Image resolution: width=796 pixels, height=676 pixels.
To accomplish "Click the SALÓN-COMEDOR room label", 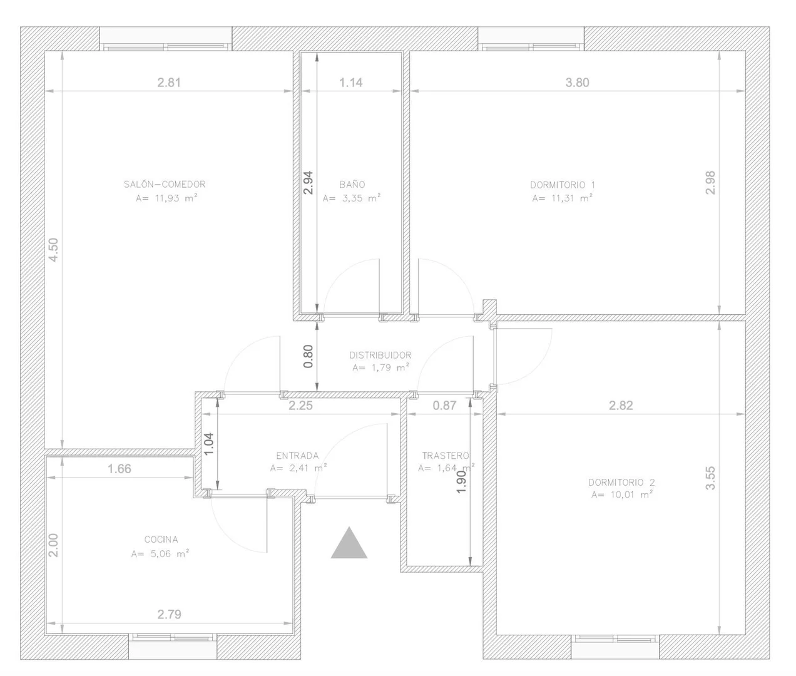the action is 165,184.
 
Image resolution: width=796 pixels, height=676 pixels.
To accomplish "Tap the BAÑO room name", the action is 352,185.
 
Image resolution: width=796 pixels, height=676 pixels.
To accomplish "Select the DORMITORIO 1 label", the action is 562,185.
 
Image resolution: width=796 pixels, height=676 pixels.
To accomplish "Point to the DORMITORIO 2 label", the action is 621,482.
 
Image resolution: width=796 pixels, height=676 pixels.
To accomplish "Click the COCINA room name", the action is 161,540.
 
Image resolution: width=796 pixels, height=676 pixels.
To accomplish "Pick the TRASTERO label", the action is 446,456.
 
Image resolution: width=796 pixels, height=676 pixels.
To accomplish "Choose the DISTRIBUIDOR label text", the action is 380,355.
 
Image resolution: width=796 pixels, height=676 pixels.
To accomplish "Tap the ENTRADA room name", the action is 297,456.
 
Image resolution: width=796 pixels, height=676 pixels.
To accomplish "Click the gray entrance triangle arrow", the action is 349,545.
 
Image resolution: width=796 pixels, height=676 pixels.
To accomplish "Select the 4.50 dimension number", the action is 54,250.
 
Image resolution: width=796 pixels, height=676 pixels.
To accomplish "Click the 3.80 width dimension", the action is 577,83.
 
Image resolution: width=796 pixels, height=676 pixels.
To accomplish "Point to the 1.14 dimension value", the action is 351,83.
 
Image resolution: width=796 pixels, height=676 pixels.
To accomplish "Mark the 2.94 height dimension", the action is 308,183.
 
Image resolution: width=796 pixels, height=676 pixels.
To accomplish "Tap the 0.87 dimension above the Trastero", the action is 444,405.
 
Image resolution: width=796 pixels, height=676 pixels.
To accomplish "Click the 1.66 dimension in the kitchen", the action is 119,469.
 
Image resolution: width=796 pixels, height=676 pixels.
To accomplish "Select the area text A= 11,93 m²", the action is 166,198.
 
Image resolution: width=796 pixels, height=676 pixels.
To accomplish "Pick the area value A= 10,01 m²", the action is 622,494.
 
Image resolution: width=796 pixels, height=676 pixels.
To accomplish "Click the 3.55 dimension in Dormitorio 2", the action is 710,478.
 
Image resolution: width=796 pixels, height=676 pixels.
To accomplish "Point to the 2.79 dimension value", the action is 169,615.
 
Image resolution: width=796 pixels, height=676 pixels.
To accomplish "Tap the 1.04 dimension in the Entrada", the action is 208,444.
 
